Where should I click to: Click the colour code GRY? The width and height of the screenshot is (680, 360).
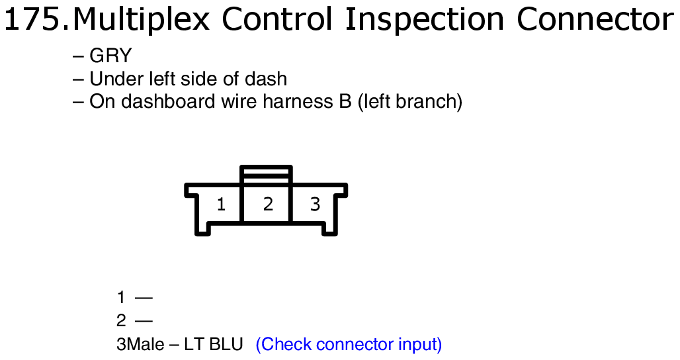pos(110,56)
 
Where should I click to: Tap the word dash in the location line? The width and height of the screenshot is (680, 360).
pos(265,79)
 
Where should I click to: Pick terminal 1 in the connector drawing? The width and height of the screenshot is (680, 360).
pos(221,204)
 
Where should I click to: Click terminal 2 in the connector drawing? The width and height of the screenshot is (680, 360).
pos(268,204)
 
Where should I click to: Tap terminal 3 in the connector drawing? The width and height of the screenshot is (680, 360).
pos(315,204)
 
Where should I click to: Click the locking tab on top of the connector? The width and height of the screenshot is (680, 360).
pos(267,174)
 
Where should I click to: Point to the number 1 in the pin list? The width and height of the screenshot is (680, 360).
pos(121,298)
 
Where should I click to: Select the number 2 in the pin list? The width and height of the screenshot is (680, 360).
pos(121,321)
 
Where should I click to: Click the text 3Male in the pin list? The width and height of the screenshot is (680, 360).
pos(140,344)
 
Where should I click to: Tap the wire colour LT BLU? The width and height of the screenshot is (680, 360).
pos(214,344)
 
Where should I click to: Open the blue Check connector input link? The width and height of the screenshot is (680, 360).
pos(349,345)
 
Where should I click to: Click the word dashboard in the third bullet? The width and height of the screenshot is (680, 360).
pos(168,101)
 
